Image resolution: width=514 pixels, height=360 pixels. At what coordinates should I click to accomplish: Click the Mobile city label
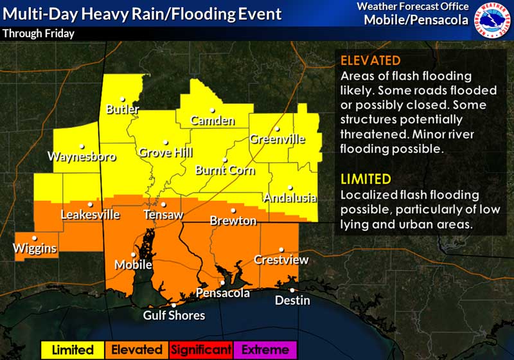click(x=133, y=265)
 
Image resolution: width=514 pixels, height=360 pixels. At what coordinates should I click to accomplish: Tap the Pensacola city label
click(x=222, y=293)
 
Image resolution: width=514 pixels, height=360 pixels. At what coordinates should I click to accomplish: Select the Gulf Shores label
click(x=174, y=315)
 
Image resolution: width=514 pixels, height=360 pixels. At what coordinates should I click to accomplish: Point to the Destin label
click(x=292, y=300)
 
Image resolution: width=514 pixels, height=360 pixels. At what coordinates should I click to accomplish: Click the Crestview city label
click(x=281, y=260)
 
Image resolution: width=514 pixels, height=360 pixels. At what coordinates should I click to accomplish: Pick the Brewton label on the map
click(x=233, y=221)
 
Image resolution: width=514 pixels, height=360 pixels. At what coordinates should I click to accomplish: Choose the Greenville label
click(x=276, y=139)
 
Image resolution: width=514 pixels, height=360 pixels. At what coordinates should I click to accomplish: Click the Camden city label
click(x=212, y=120)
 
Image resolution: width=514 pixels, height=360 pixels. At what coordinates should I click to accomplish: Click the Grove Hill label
click(x=164, y=153)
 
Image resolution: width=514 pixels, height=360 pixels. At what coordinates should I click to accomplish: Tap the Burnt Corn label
click(x=225, y=170)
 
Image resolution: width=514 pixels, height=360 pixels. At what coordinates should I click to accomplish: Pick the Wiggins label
click(x=35, y=248)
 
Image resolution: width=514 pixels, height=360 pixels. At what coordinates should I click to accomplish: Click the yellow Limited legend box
click(x=73, y=350)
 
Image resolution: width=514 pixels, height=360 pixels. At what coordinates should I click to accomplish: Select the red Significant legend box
click(x=200, y=350)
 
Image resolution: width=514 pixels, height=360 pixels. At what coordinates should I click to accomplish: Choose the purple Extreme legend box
click(x=265, y=350)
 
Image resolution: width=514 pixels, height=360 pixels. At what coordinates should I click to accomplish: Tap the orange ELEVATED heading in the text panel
click(x=369, y=61)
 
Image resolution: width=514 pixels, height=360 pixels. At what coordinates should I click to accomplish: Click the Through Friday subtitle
click(x=39, y=33)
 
